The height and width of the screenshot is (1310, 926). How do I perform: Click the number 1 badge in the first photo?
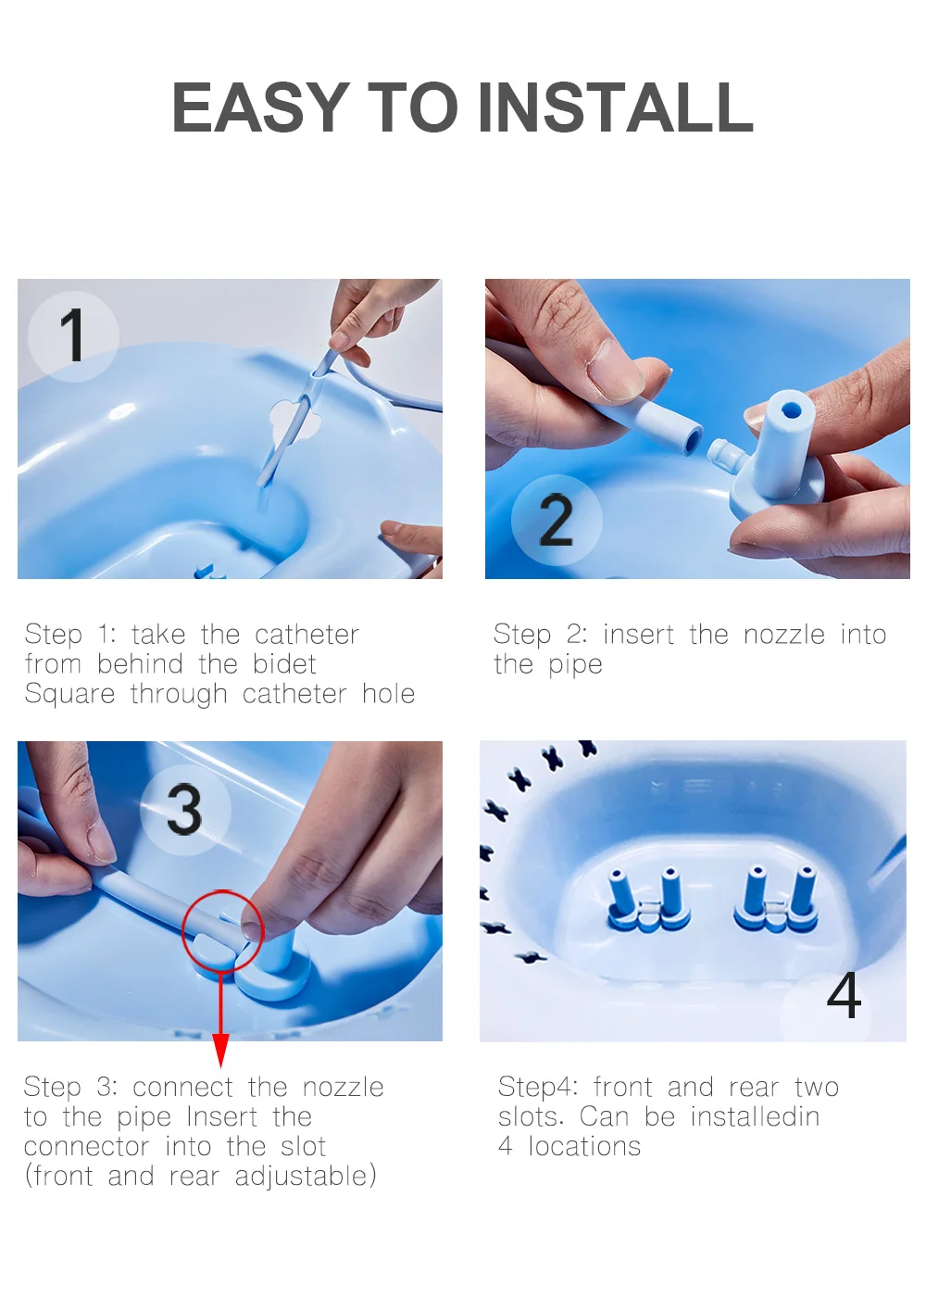click(73, 334)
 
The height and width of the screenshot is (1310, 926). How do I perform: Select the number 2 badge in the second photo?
click(557, 520)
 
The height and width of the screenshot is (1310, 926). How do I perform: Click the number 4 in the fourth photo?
click(844, 997)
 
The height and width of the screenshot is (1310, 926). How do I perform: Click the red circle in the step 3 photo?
click(222, 930)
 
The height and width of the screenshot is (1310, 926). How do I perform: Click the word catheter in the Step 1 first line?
click(307, 635)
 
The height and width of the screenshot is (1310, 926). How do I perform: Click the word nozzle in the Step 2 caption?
click(784, 635)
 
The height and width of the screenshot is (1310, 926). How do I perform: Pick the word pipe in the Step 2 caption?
click(575, 665)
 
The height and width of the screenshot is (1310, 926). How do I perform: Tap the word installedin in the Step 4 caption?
click(755, 1117)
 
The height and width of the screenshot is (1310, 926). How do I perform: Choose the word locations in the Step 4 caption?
click(584, 1147)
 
